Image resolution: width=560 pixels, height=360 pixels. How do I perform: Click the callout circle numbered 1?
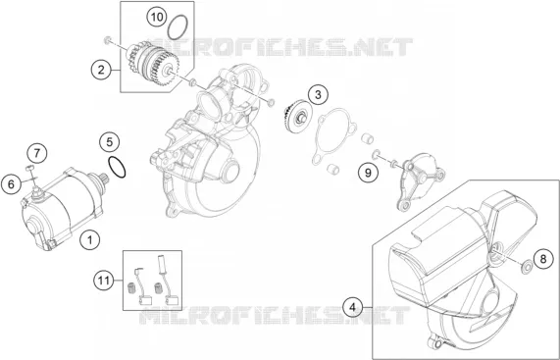90,239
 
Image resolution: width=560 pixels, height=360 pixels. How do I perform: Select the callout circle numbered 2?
101,70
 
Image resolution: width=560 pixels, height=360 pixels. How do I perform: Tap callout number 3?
318,94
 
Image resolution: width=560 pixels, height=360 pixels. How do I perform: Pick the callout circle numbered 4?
353,307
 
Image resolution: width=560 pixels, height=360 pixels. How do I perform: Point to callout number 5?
110,142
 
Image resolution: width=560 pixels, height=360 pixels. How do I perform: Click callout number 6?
11,184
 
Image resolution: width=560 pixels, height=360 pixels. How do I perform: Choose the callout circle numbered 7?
37,154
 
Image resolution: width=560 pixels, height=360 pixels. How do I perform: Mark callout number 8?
543,259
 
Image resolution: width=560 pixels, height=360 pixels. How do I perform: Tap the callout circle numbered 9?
368,173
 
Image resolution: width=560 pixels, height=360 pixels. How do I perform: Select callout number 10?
157,17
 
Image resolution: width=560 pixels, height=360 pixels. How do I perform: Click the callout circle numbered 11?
104,281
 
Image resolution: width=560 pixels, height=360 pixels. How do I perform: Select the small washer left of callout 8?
526,268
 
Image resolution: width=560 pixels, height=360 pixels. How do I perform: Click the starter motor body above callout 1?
62,210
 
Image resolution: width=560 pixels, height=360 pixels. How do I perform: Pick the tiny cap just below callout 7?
29,168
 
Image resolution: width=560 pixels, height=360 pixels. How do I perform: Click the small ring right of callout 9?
376,154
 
